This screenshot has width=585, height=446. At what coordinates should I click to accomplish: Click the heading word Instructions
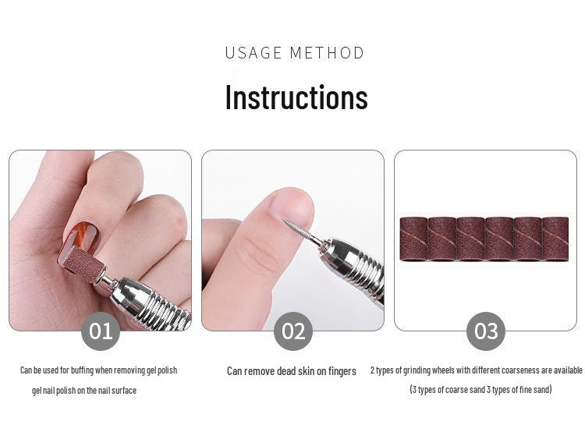coord(296,97)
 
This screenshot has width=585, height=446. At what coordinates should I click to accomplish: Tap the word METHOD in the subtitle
coord(327,53)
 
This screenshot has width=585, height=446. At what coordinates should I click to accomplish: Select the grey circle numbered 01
coord(101,331)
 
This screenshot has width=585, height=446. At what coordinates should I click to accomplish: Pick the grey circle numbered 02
coord(292,331)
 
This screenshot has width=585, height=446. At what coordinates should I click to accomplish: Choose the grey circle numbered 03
coord(485,331)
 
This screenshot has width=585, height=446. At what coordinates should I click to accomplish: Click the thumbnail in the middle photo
coord(292,206)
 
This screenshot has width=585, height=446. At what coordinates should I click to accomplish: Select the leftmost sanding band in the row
coord(413,239)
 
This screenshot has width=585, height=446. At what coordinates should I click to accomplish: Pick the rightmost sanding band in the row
coord(555,239)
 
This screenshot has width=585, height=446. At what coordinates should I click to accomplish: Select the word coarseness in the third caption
coord(499,370)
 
